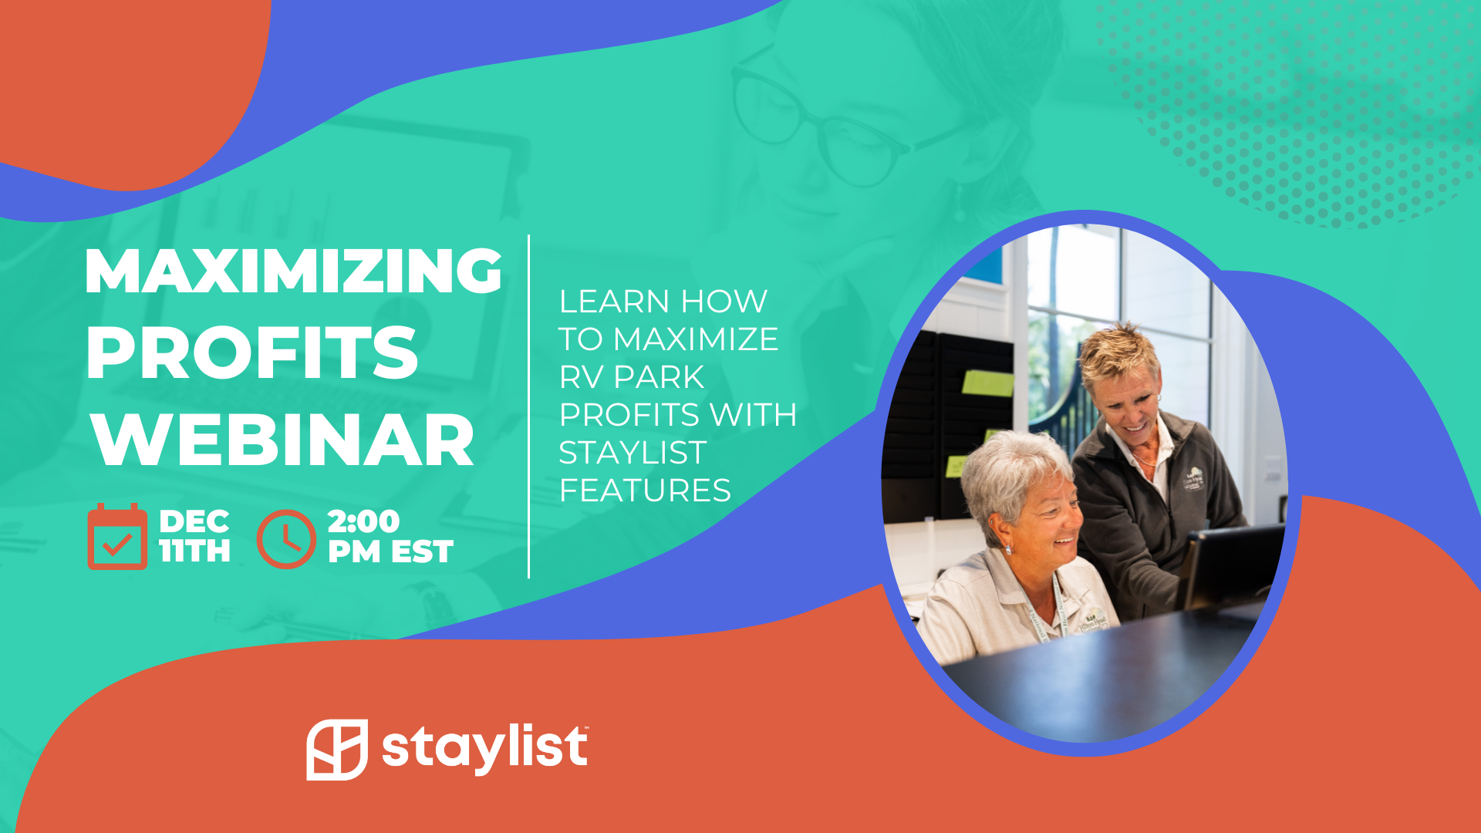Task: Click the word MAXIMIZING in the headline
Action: tap(294, 271)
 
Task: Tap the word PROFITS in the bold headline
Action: tap(252, 352)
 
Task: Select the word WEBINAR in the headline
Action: tap(282, 440)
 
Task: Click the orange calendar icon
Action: tap(117, 536)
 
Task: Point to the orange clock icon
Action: tap(286, 538)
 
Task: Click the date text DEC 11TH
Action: tap(194, 536)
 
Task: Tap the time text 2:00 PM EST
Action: tap(390, 537)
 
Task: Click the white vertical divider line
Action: tap(528, 406)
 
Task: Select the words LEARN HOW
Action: tap(663, 301)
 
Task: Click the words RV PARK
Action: tap(632, 377)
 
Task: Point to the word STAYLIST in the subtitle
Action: tap(633, 453)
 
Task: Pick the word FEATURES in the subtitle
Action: tap(645, 491)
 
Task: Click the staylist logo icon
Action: tap(337, 749)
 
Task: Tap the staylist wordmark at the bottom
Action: tap(485, 748)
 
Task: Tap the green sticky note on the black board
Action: tap(987, 383)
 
